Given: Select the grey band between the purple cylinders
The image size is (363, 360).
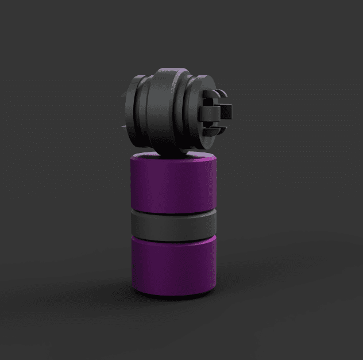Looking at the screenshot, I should (x=172, y=225).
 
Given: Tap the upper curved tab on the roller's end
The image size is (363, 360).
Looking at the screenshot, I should (x=215, y=93).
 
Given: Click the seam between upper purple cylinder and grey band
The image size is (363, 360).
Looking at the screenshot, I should (x=172, y=211).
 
